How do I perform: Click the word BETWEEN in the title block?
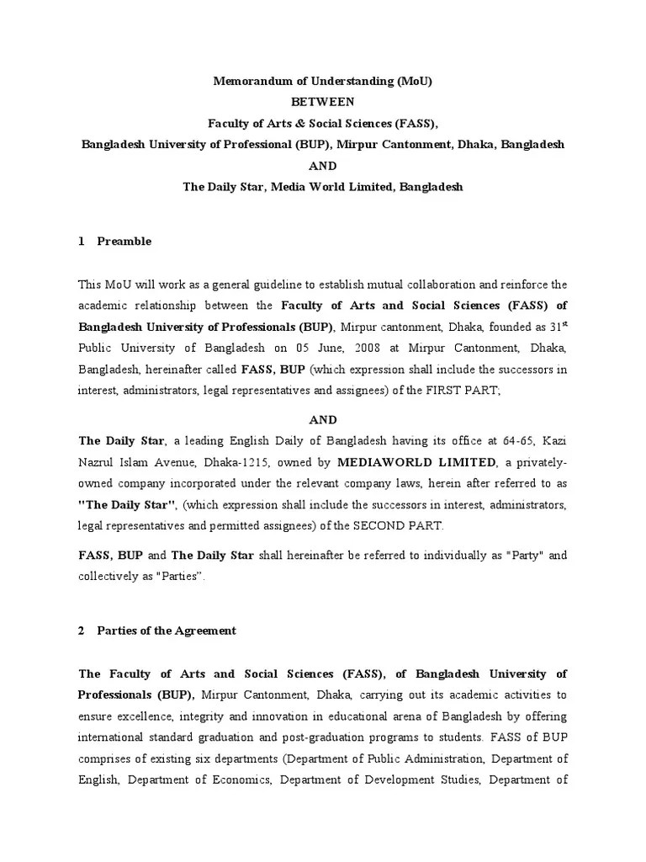coord(323,102)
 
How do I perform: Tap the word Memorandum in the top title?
coord(247,82)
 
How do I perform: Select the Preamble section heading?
coord(124,242)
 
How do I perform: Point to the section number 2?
coord(81,631)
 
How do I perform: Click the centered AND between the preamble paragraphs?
coord(323,418)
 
